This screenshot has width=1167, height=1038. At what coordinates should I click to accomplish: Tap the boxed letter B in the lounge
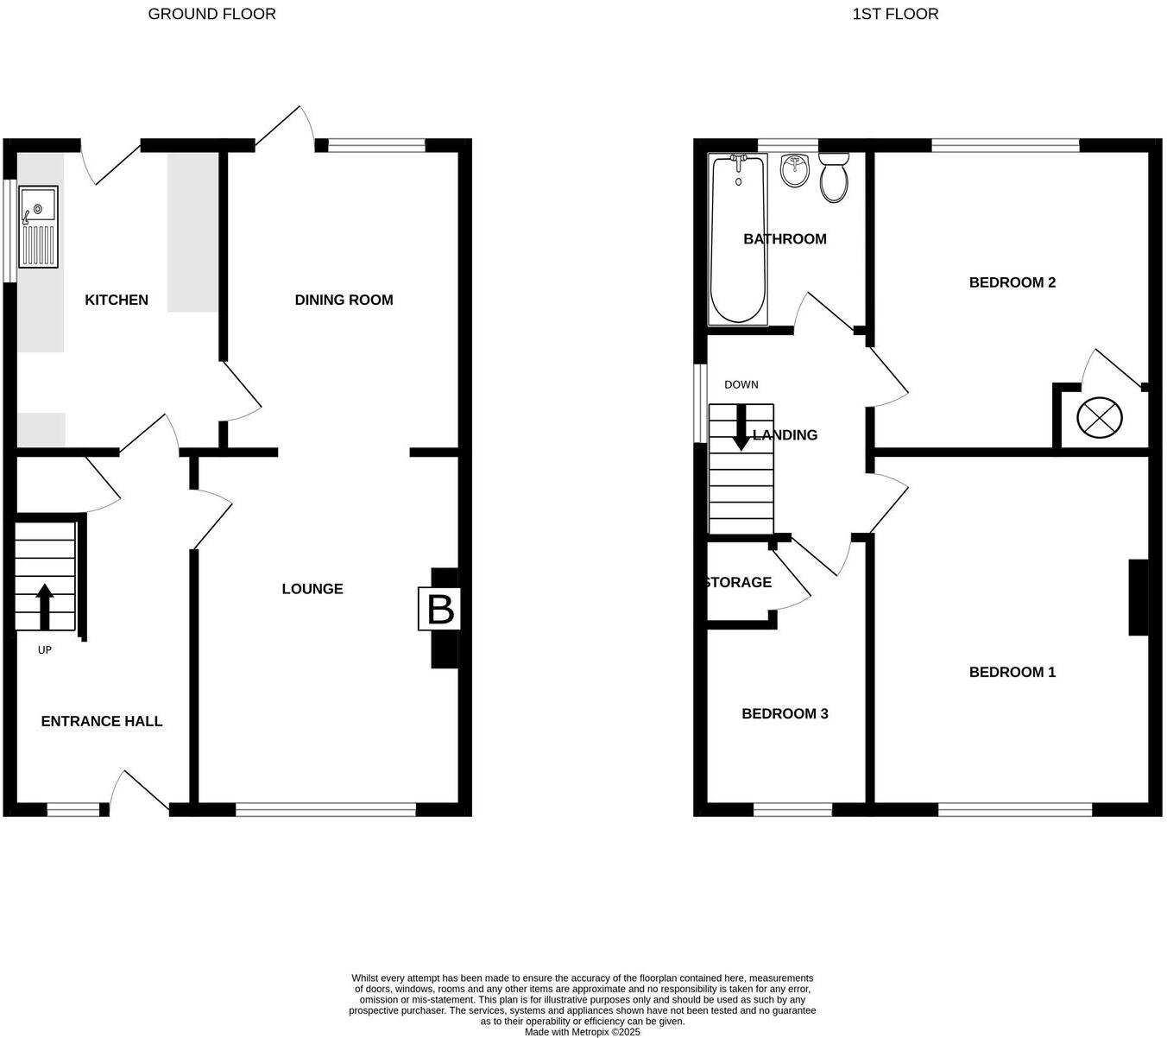click(x=440, y=610)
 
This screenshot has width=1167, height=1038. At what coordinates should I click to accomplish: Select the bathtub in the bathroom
click(x=737, y=240)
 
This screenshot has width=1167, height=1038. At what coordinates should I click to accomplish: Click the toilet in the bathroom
click(x=834, y=179)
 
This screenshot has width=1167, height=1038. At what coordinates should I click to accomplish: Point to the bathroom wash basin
click(x=794, y=171)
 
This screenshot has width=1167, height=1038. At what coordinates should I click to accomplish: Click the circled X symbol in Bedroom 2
click(x=1100, y=419)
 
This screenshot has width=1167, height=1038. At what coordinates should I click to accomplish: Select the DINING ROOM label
click(x=344, y=300)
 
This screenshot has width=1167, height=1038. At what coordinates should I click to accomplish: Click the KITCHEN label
click(x=117, y=300)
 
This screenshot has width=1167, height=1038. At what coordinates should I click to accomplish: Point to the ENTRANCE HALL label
click(x=102, y=721)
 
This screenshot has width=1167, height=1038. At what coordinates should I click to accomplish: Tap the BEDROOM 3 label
click(x=785, y=713)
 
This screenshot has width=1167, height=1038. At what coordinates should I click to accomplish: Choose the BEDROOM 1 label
click(x=1012, y=672)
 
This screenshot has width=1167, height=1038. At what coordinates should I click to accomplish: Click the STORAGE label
click(x=738, y=582)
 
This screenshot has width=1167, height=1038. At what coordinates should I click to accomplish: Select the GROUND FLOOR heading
click(x=211, y=14)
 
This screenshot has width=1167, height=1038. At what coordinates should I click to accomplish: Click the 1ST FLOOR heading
click(x=895, y=14)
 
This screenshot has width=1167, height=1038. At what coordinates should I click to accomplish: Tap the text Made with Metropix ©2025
click(x=583, y=1032)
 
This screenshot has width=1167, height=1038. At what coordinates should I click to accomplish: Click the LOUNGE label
click(x=312, y=589)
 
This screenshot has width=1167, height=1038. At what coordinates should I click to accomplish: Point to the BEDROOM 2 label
click(x=1012, y=282)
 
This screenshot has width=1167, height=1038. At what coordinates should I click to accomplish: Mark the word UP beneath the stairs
click(x=45, y=650)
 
